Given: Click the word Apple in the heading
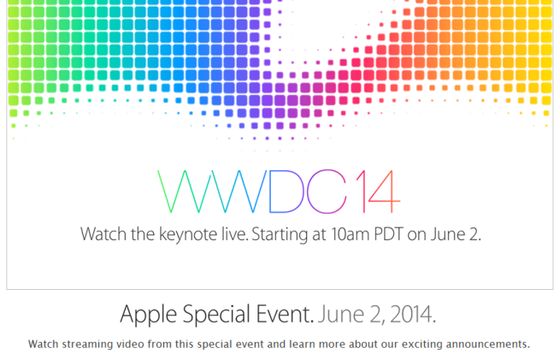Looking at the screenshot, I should pos(146,313).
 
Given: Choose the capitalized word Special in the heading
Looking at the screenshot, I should pos(212,313).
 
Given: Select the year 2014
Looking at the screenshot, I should pos(409,313).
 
